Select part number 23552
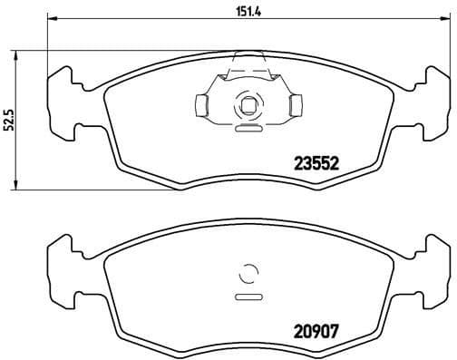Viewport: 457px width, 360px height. [316, 165]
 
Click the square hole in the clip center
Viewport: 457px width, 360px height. [246, 106]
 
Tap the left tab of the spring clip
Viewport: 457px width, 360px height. [203, 106]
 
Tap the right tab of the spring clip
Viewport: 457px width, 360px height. [293, 107]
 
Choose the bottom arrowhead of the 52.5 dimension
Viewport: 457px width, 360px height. [21, 188]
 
